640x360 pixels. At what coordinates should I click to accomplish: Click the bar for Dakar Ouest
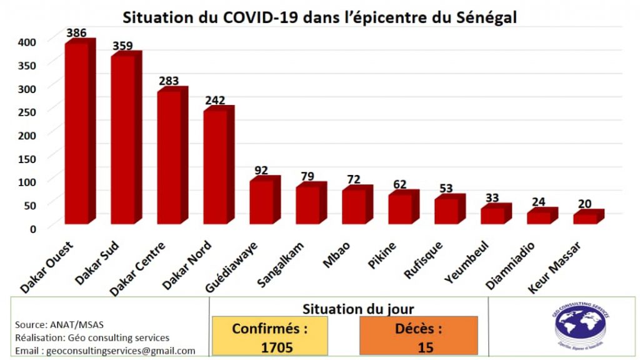(x=77, y=132)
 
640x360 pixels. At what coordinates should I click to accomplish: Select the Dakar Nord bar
(x=216, y=166)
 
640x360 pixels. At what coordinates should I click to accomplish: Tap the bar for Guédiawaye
(x=261, y=201)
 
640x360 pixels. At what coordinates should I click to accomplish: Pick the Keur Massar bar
(x=586, y=218)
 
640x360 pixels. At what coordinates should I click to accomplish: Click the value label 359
(x=123, y=46)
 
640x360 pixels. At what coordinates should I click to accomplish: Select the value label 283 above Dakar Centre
(x=169, y=81)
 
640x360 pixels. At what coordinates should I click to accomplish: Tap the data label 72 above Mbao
(x=354, y=179)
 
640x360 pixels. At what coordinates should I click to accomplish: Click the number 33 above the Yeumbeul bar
(x=492, y=198)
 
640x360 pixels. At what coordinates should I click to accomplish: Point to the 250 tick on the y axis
(x=27, y=111)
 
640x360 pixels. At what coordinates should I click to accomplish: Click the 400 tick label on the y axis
(x=27, y=41)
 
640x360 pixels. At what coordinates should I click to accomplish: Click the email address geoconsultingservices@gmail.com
(x=105, y=351)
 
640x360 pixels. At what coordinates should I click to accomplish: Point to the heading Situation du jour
(x=357, y=309)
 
